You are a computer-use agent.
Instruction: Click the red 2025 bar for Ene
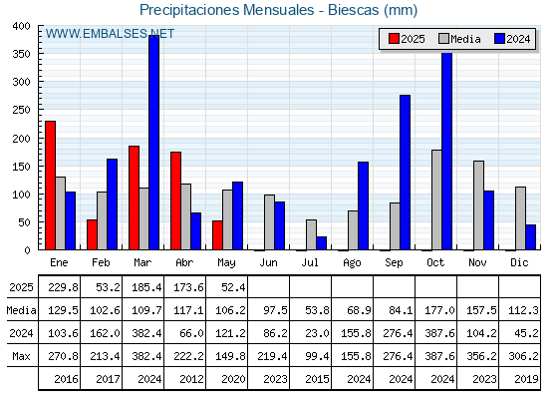coord(50,186)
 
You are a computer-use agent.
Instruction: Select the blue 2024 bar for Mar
coord(154,143)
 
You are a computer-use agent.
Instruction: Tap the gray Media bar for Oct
coord(436,199)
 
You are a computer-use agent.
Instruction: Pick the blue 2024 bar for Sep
coord(405,173)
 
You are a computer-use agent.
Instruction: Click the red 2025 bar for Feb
coord(92,234)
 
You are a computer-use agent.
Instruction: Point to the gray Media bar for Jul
coord(311,234)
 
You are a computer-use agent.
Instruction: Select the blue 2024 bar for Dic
coord(530,237)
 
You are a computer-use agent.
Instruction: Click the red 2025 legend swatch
coord(394,39)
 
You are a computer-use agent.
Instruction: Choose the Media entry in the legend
coord(459,39)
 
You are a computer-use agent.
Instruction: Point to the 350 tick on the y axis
coord(21,54)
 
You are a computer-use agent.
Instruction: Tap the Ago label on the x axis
coord(352,263)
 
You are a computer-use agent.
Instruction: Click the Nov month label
coord(477,263)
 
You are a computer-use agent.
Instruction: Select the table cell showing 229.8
coord(63,287)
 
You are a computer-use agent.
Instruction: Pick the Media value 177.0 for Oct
coord(439,310)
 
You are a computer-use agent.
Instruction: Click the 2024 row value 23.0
coord(317,333)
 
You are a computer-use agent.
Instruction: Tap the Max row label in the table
coord(21,356)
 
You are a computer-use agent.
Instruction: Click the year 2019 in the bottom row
coord(526,379)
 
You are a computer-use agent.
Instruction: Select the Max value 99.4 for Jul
coord(317,356)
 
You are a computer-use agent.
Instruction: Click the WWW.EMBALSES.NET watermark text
coord(110,34)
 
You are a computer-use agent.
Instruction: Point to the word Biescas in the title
coord(353,10)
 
